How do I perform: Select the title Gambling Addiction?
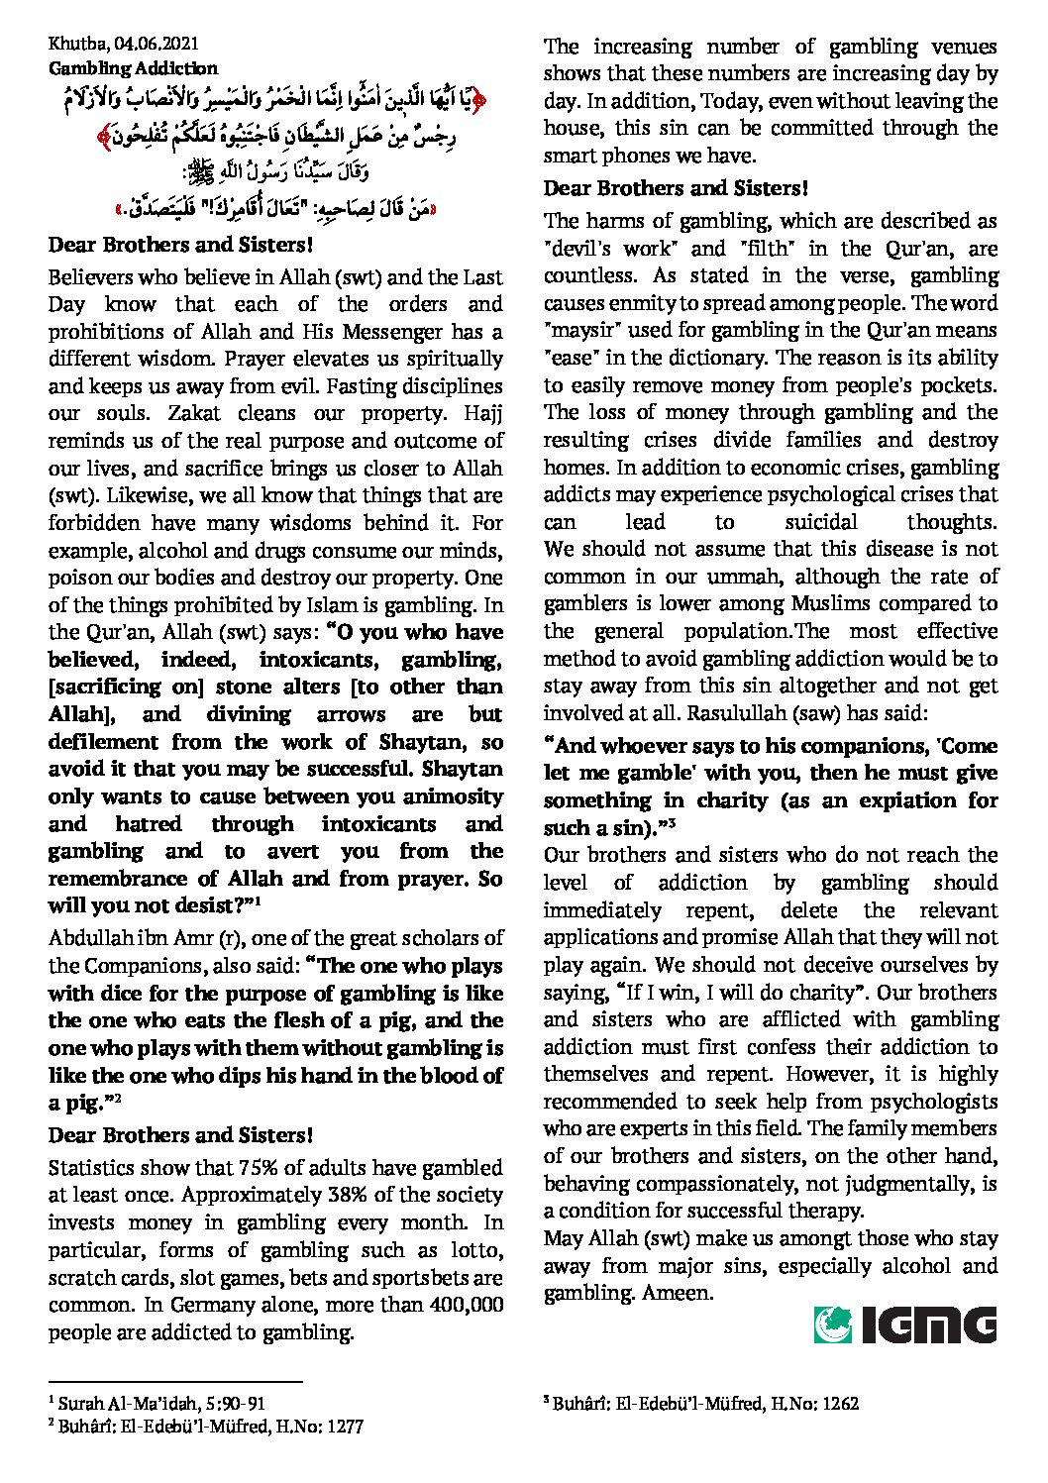pyautogui.click(x=133, y=68)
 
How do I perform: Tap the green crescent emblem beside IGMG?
pyautogui.click(x=832, y=1324)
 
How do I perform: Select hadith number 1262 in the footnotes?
pyautogui.click(x=838, y=1404)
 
